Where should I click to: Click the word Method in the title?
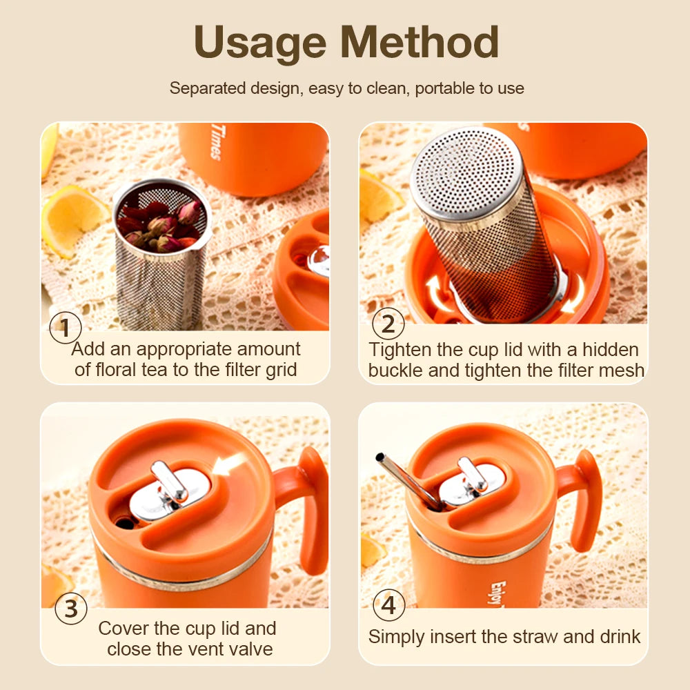420,43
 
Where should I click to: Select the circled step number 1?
66,327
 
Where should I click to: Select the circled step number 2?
388,323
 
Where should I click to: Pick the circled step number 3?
71,609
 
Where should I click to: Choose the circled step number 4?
389,606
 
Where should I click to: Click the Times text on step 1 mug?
215,142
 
